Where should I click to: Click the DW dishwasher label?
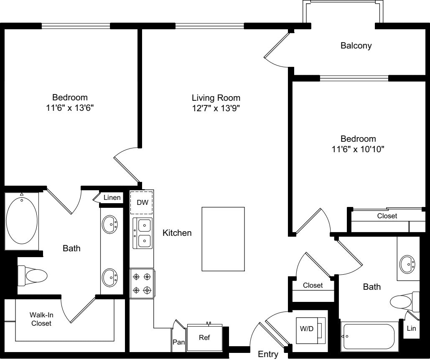coord(142,202)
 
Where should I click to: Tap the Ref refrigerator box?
coord(204,338)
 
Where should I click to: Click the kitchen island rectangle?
coord(223,239)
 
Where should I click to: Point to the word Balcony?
coord(356,46)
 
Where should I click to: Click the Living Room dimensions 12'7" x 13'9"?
coord(216,109)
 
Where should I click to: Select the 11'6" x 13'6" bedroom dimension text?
coord(70,107)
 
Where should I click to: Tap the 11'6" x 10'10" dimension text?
coord(358,149)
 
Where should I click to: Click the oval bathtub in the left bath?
coord(22,220)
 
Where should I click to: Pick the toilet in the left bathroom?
coord(33,276)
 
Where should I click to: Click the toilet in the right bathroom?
coord(403,301)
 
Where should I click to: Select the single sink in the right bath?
coord(407,264)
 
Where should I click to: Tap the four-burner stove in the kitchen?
coord(142,283)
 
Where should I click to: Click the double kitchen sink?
coord(142,233)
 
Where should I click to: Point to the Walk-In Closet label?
coord(41,319)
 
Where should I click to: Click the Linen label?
coord(112,198)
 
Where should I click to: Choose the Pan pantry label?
coord(179,342)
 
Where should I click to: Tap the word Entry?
coord(268,355)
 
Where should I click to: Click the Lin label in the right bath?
coord(411,329)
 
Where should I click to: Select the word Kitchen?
coord(177,233)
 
